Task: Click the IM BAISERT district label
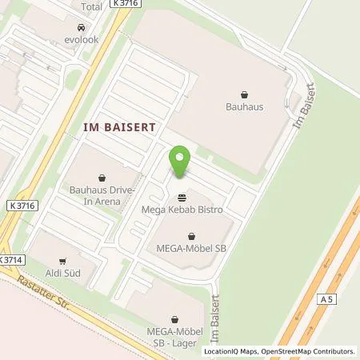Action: [119, 127]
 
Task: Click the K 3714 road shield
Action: [12, 261]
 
